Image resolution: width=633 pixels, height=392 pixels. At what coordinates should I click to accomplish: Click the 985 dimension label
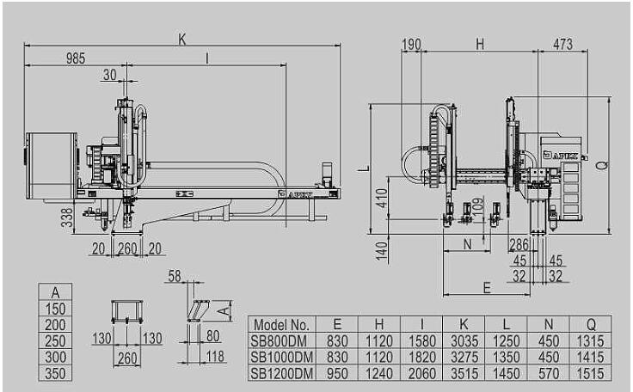click(76, 58)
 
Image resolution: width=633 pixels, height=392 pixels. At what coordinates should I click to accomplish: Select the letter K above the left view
click(182, 40)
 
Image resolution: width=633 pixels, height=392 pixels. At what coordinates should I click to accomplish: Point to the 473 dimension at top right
click(562, 44)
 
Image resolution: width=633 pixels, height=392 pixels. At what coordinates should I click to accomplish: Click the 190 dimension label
click(411, 45)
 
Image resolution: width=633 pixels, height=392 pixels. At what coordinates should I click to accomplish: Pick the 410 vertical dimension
click(382, 198)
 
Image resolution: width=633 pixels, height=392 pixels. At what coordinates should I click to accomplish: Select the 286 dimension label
click(519, 245)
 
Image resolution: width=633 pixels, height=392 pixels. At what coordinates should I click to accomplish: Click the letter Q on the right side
click(601, 165)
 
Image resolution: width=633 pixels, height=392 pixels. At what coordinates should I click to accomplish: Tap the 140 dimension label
click(382, 251)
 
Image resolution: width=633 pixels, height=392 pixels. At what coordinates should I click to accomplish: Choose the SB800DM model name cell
click(279, 341)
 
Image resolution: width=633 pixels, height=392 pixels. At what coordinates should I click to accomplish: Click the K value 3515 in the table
click(464, 373)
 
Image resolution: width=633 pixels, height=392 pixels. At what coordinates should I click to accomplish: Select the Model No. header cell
click(281, 325)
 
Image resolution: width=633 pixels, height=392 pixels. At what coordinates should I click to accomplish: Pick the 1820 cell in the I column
click(422, 358)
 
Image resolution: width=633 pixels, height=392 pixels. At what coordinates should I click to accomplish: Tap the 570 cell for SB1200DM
click(549, 373)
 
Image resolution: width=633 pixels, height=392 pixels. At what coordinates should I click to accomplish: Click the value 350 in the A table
click(55, 373)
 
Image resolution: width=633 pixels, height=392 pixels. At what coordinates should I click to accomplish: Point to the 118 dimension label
click(215, 357)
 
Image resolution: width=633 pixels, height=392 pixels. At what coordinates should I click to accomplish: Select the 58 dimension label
click(175, 276)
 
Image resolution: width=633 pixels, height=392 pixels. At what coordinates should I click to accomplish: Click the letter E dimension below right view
click(487, 288)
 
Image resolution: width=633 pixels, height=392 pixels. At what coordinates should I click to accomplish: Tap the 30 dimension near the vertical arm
click(110, 75)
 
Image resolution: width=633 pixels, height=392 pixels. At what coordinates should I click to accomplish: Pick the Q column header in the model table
click(591, 324)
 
